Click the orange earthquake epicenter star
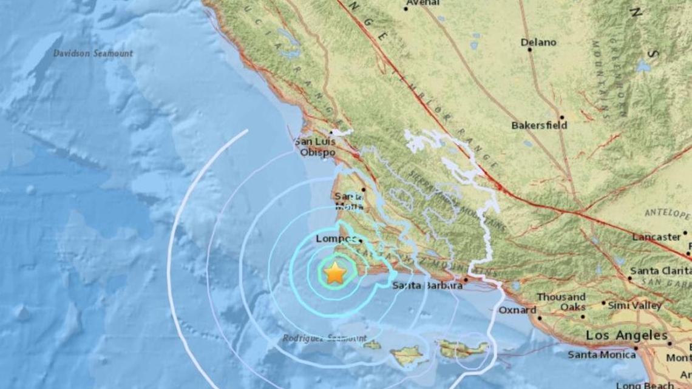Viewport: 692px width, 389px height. (334, 273)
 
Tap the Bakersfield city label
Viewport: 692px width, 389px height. (539, 125)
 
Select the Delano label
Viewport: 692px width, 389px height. (538, 42)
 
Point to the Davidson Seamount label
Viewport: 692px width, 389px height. (93, 53)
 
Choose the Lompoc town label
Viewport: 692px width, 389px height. (336, 239)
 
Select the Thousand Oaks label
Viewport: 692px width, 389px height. (561, 302)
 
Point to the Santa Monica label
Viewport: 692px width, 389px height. (602, 354)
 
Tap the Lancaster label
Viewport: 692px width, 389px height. (656, 237)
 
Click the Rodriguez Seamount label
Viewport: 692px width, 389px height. (325, 338)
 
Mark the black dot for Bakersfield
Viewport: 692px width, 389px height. (562, 117)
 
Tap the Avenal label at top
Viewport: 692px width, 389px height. (422, 2)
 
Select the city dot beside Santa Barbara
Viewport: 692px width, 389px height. (465, 280)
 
